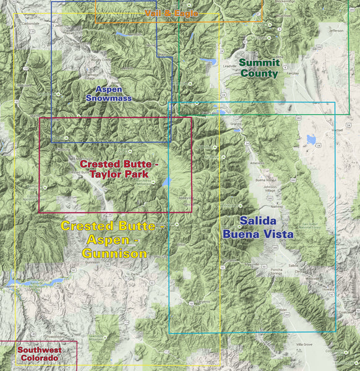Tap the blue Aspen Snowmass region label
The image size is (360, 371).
[108, 93]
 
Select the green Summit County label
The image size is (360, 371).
[259, 67]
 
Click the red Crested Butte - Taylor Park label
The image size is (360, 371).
[119, 169]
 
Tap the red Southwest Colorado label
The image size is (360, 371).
[38, 354]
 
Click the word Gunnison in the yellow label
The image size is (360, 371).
[114, 254]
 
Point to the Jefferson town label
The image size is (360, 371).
[336, 30]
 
